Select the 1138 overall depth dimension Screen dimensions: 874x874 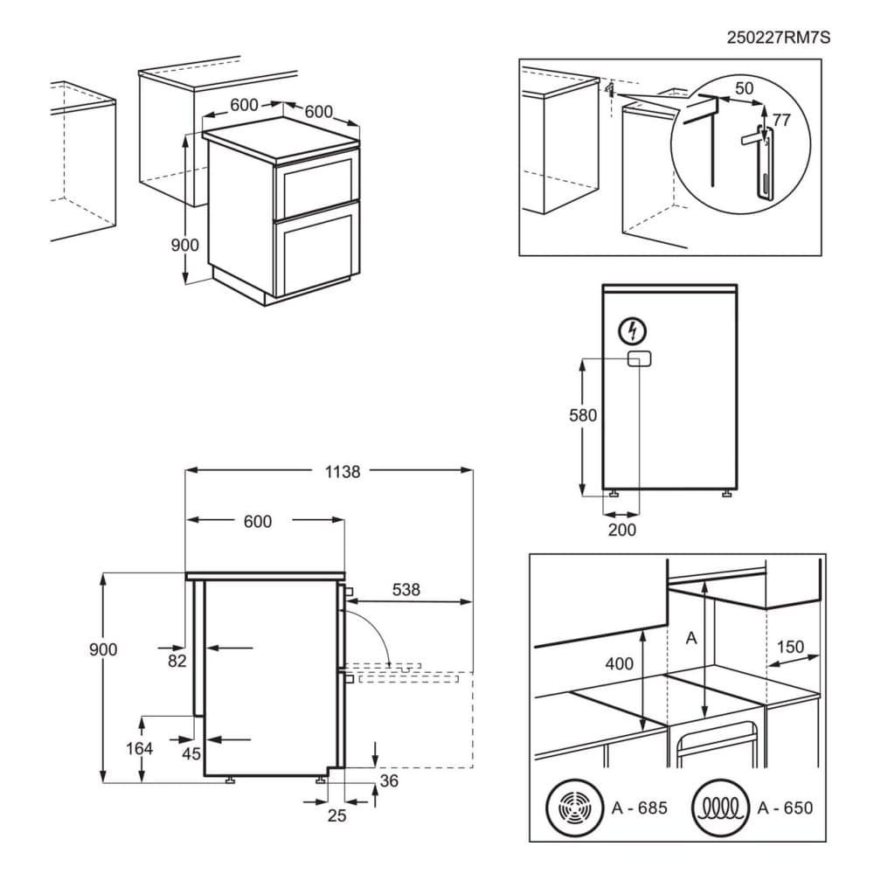tap(342, 471)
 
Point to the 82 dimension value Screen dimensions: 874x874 tap(177, 661)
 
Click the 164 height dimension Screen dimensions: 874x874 tap(138, 748)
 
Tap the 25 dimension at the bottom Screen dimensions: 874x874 tap(336, 815)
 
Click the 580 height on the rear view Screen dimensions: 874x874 tap(581, 416)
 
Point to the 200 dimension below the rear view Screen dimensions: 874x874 tap(622, 530)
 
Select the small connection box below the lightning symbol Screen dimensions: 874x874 tap(639, 358)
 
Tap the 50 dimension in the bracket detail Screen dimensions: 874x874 tap(744, 88)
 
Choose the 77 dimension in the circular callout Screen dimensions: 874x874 tap(780, 120)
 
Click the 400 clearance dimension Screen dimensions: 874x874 tap(619, 664)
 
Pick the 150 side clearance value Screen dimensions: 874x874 tap(790, 648)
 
